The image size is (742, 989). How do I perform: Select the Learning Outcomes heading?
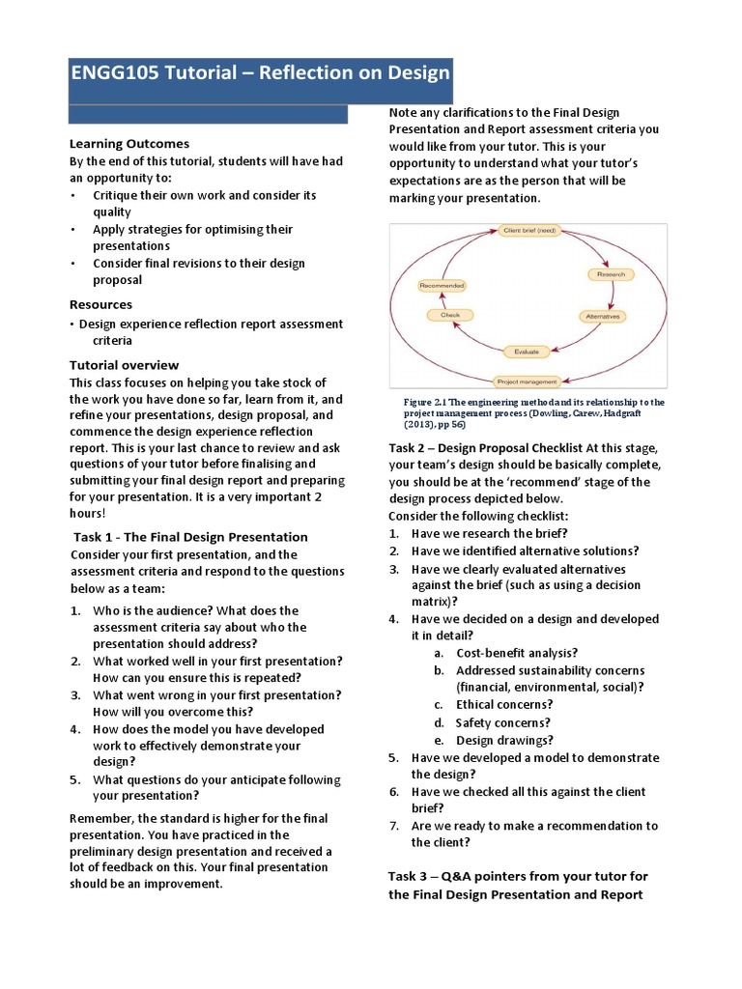(x=128, y=144)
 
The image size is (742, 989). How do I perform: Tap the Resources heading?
(x=100, y=304)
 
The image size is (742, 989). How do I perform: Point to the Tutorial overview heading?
(x=124, y=365)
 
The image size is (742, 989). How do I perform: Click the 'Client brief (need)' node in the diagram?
(x=528, y=231)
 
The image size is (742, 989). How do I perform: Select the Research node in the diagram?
(x=612, y=274)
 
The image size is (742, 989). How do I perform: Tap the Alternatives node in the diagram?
(x=602, y=316)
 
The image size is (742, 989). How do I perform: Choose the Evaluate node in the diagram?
(x=527, y=352)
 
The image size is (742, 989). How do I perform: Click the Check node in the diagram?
(x=450, y=315)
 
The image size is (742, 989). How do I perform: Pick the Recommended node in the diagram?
(x=442, y=286)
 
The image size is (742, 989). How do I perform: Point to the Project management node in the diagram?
(x=527, y=381)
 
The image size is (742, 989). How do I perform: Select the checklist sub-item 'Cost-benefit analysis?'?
(x=517, y=653)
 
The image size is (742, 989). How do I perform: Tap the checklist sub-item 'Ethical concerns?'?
(x=503, y=705)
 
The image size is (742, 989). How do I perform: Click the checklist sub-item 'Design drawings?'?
(x=504, y=740)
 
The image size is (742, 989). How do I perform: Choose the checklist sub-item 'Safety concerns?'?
(x=503, y=722)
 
